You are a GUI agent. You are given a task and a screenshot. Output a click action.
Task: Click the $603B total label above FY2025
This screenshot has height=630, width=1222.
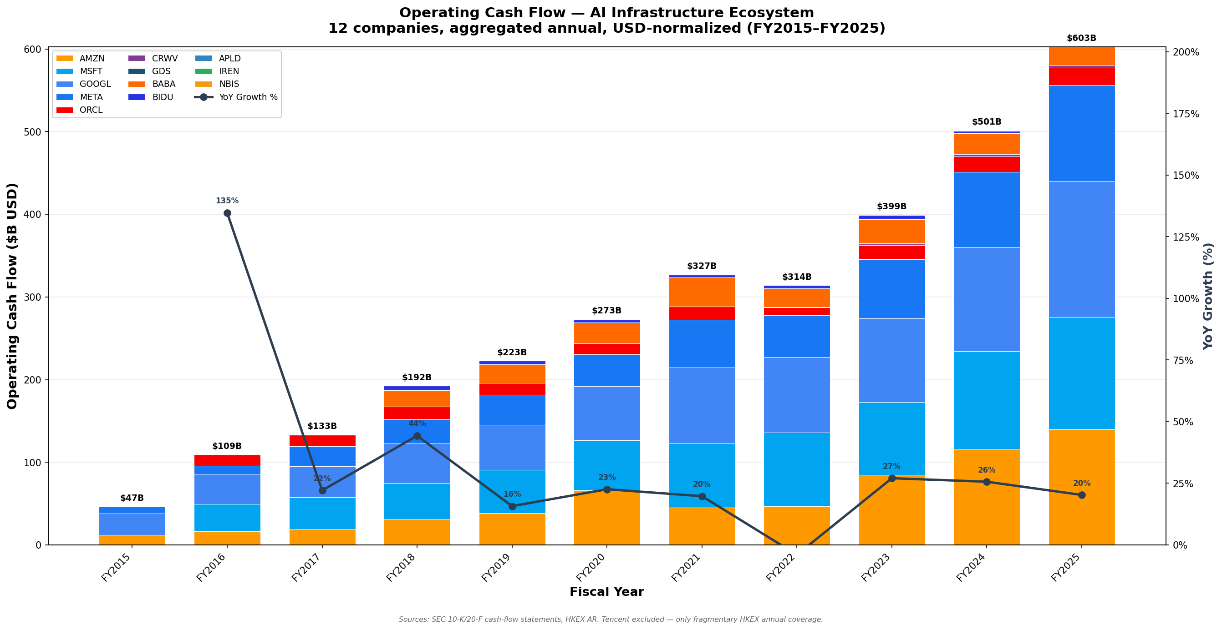coord(1081,38)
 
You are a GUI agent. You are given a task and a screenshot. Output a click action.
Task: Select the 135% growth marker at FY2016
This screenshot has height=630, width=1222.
coord(227,213)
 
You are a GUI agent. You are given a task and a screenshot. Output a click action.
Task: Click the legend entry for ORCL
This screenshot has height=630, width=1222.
coord(91,110)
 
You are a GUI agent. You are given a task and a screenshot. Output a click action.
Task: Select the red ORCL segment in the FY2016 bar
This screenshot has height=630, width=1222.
coord(227,460)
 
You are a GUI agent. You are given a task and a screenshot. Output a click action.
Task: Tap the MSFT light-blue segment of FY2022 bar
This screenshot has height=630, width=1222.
coord(796,469)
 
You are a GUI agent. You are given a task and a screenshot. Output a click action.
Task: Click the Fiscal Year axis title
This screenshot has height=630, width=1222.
coord(606,592)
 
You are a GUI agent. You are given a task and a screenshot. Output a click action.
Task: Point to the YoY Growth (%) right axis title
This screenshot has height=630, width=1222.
coord(1208,296)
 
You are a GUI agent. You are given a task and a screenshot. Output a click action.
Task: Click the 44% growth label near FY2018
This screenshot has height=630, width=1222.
coord(417,424)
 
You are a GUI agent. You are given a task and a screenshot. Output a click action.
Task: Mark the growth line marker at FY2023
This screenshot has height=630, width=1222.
coord(891,479)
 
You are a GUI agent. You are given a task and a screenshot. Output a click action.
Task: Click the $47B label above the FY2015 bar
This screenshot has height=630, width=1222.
coord(132,498)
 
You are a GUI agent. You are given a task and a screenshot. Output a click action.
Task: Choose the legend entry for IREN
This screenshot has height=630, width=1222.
coord(229,71)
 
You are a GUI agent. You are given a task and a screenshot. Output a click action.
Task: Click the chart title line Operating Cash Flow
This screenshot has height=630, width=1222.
coord(606,13)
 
